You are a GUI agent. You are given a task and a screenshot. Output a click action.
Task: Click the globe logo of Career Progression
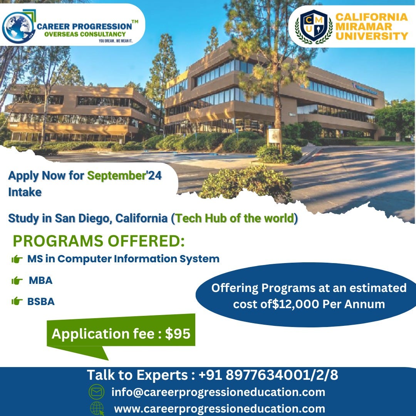(18, 27)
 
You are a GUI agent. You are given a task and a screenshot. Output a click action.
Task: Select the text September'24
(124, 176)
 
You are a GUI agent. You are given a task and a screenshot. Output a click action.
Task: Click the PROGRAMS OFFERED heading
(99, 241)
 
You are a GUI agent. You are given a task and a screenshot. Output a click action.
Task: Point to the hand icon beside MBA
(17, 281)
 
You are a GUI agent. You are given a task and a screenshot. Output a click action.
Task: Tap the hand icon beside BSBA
(17, 302)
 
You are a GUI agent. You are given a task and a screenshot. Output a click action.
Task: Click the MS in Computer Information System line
(123, 259)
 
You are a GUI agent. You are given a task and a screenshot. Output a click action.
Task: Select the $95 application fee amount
(178, 334)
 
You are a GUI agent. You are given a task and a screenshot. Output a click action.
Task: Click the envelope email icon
(97, 393)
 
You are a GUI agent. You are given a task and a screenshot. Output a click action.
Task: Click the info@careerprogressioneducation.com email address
(218, 393)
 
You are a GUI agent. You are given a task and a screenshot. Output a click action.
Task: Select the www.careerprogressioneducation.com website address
(220, 409)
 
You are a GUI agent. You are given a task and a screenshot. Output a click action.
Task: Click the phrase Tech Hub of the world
(235, 218)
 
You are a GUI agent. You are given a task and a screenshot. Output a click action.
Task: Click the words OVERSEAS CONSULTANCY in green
(85, 34)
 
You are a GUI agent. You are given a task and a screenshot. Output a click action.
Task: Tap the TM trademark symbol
(135, 23)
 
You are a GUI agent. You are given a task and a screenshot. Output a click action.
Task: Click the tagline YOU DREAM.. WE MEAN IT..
(116, 40)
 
